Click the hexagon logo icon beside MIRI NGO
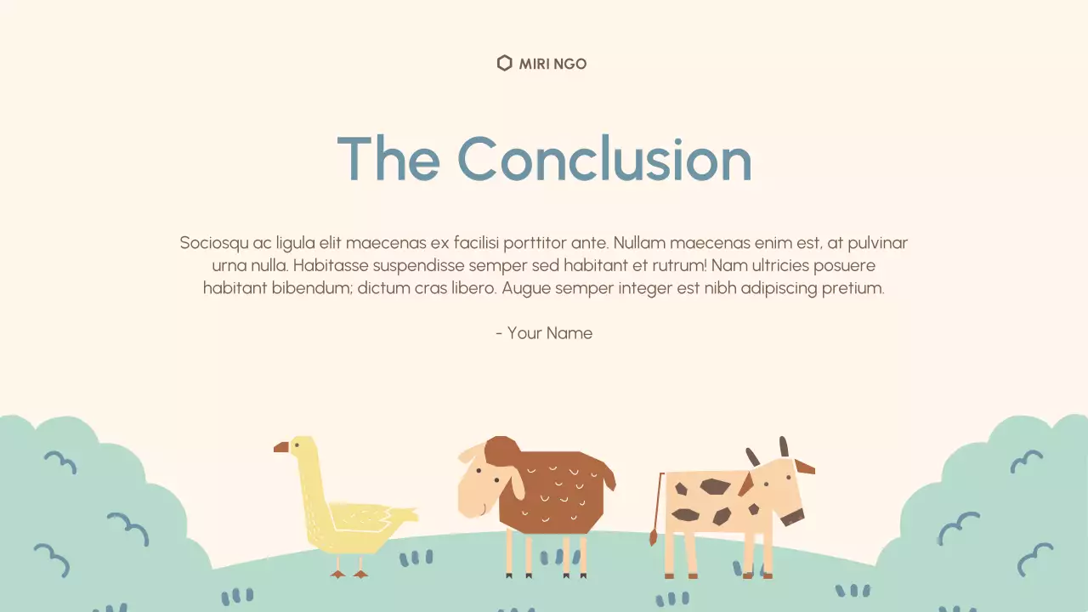pos(504,63)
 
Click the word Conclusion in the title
pos(604,159)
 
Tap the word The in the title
pos(388,159)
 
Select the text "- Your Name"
pos(544,333)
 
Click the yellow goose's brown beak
pos(281,447)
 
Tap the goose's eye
pos(297,445)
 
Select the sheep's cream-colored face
pos(480,484)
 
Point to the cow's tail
pos(657,510)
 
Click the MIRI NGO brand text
pos(552,64)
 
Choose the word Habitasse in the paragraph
pos(331,265)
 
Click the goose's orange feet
pos(349,574)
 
